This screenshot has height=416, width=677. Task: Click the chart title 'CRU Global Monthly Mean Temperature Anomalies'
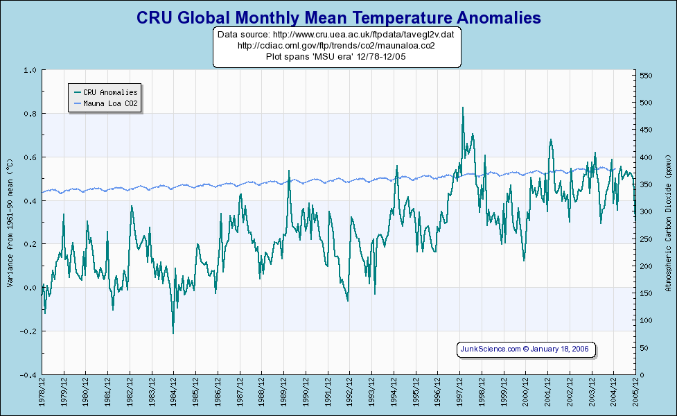(338, 17)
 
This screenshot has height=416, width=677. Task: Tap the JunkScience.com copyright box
(526, 349)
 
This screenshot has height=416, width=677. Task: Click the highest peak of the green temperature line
(462, 108)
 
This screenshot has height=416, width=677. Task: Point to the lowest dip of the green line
(173, 333)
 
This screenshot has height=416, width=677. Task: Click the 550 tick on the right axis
(646, 76)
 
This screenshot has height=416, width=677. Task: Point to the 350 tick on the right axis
(646, 184)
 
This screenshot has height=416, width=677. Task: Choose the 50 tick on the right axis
(644, 348)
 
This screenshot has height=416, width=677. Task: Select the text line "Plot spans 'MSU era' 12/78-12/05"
(336, 57)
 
